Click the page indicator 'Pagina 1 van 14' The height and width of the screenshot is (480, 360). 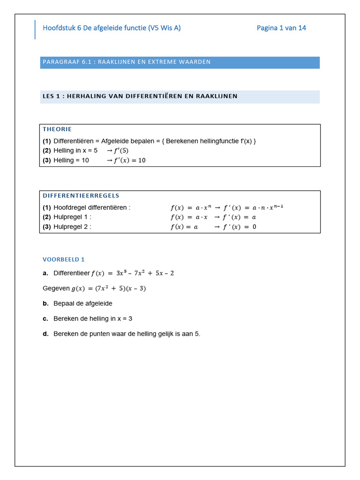(x=281, y=28)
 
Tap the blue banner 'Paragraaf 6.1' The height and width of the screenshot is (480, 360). (x=180, y=62)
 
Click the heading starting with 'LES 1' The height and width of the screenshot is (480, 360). (x=140, y=96)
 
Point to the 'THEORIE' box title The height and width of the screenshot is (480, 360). (x=57, y=129)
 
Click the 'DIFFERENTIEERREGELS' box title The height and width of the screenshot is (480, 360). (x=81, y=195)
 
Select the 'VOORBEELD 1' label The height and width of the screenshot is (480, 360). (x=63, y=259)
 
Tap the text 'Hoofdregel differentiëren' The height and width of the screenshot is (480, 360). (x=91, y=207)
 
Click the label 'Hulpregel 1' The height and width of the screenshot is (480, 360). (x=72, y=217)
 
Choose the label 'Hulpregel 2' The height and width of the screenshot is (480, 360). (x=72, y=227)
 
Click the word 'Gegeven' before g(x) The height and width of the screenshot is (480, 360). (x=56, y=288)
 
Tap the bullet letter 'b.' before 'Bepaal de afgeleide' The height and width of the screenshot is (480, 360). (x=45, y=303)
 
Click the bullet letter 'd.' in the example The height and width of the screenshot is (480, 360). (x=45, y=334)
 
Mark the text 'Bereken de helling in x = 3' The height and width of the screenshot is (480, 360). (x=93, y=318)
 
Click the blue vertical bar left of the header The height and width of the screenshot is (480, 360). (x=35, y=30)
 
